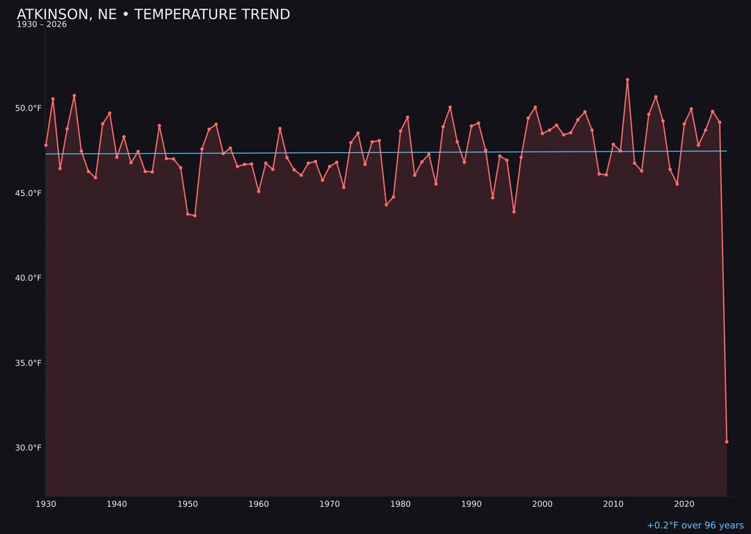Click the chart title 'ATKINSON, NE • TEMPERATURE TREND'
coord(153,15)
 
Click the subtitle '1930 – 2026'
coord(42,25)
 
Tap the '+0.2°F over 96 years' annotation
coord(695,526)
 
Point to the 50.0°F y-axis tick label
coord(29,108)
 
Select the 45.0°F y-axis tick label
coord(29,193)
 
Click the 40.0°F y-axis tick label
coord(29,278)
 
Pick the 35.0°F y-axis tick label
coord(29,363)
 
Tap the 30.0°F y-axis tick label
coord(29,448)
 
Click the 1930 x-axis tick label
coord(46,504)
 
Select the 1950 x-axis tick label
coord(188,504)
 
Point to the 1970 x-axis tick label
coord(330,504)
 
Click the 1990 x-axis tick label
coord(471,504)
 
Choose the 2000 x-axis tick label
coord(542,504)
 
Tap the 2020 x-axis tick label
coord(684,504)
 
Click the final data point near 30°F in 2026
coord(727,442)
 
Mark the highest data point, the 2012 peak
coord(627,80)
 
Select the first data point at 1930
coord(46,145)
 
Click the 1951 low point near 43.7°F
coord(195,216)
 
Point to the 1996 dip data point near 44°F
coord(514,211)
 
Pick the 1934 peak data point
coord(74,96)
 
